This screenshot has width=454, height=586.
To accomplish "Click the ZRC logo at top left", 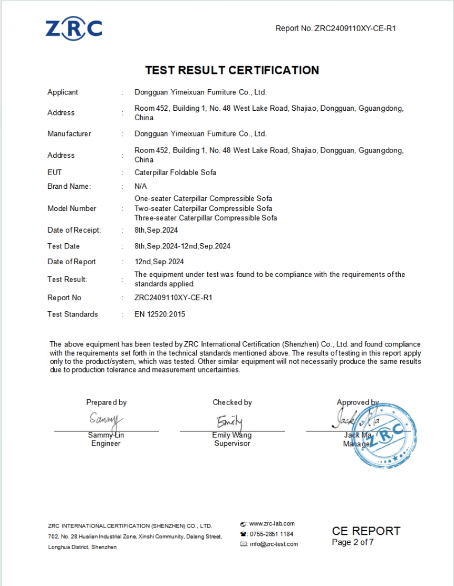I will point(74,28).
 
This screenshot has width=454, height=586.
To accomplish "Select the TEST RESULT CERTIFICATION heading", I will point(232,70).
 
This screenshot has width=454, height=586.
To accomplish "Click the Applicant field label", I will point(63,92).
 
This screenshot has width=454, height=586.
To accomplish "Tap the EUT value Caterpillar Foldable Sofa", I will point(175,172).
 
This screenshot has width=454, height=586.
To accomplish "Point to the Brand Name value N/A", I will point(141,186).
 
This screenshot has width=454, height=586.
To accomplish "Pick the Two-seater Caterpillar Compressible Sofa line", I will point(203,208).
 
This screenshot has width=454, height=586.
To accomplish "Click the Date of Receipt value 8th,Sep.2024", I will point(157,230).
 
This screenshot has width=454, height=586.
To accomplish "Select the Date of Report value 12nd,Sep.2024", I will point(159,262).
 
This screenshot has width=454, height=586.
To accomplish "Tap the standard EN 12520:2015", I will point(160,314).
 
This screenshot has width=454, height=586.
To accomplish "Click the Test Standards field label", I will point(73,314).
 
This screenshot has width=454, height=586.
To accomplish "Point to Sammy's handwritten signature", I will point(106,420).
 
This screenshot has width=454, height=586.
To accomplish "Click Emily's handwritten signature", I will point(230,422).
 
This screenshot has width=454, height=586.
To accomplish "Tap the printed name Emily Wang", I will point(232,436).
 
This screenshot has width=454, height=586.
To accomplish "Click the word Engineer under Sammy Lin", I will point(106,444).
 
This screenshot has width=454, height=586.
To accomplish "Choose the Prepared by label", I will point(107,402).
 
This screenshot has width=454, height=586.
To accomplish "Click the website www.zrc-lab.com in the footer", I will point(272,524).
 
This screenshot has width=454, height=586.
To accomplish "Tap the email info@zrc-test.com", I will point(274,544).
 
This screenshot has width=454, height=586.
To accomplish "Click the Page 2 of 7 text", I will point(353,542).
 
